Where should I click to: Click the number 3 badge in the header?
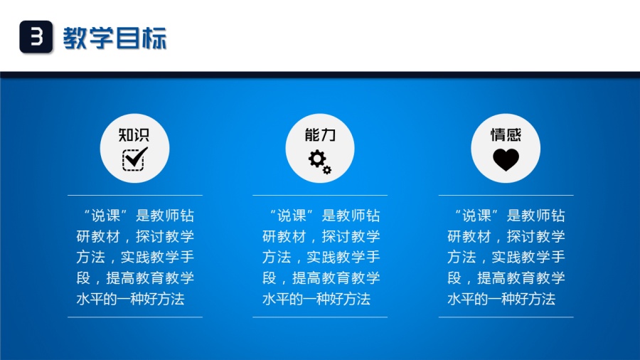coord(36,36)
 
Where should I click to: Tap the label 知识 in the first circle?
coord(134,134)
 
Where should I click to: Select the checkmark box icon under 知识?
coord(134,158)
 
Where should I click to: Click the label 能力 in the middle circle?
coord(319,134)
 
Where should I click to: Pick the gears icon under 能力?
coord(319,161)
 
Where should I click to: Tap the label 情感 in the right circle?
coord(506,134)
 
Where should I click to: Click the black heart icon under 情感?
coord(506,160)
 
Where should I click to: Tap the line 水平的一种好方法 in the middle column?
coord(316,299)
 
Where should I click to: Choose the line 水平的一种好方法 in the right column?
coord(501,299)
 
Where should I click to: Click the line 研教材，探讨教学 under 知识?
coord(135,236)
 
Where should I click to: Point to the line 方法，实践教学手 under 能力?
coord(321,257)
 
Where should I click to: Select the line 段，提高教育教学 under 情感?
coord(506,277)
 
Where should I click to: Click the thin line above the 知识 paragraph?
coord(135,195)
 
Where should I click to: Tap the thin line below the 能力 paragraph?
coord(321,317)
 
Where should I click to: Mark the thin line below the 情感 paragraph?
coord(506,317)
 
